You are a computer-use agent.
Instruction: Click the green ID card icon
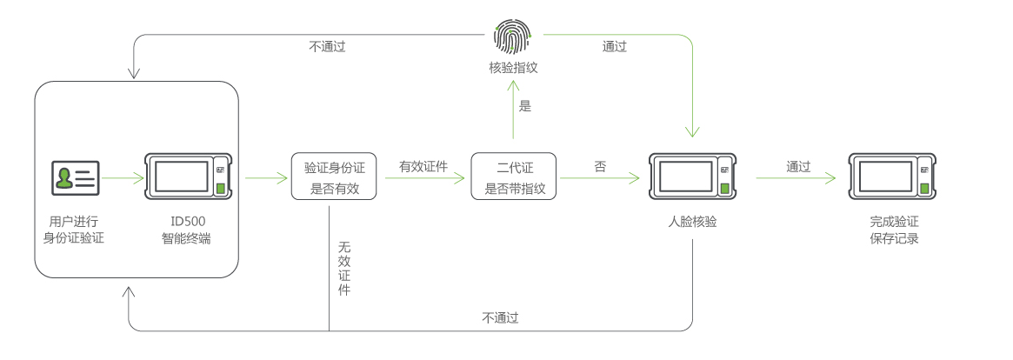pyautogui.click(x=75, y=177)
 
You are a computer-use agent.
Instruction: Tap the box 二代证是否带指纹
pyautogui.click(x=514, y=177)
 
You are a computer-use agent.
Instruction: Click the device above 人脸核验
pyautogui.click(x=693, y=177)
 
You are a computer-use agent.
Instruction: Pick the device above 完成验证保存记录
pyautogui.click(x=893, y=177)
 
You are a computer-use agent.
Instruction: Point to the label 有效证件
pyautogui.click(x=423, y=166)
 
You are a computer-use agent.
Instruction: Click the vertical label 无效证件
pyautogui.click(x=343, y=269)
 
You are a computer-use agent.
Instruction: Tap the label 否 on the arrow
pyautogui.click(x=600, y=166)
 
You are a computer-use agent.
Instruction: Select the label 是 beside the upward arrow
pyautogui.click(x=524, y=107)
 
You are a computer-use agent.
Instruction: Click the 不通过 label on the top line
pyautogui.click(x=327, y=47)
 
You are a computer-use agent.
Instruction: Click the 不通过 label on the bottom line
pyautogui.click(x=500, y=318)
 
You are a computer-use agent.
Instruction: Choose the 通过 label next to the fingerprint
pyautogui.click(x=614, y=47)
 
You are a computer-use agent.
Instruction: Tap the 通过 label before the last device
pyautogui.click(x=797, y=166)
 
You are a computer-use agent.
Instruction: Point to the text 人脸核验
pyautogui.click(x=692, y=223)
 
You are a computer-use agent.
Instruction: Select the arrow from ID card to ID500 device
pyautogui.click(x=123, y=178)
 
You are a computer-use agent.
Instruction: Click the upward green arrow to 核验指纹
pyautogui.click(x=514, y=109)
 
